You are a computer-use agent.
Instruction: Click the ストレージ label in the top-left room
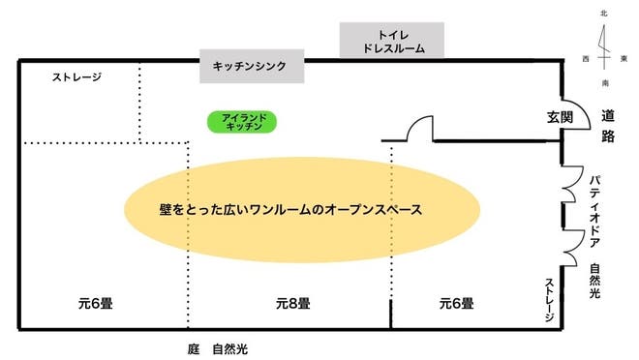pyautogui.click(x=77, y=76)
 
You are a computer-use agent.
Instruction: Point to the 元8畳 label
pyautogui.click(x=289, y=303)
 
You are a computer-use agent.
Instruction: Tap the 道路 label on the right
pyautogui.click(x=608, y=126)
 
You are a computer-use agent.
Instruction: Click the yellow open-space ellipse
pyautogui.click(x=302, y=208)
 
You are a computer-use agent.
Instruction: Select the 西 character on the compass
pyautogui.click(x=587, y=59)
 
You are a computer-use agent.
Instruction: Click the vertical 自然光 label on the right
pyautogui.click(x=595, y=282)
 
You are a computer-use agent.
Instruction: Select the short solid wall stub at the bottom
pyautogui.click(x=392, y=315)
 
